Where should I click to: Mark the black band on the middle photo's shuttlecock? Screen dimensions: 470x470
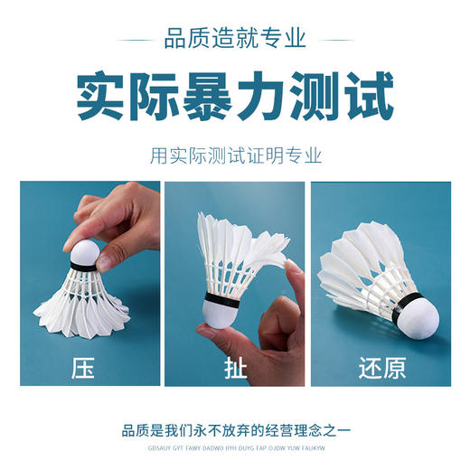[x=221, y=298]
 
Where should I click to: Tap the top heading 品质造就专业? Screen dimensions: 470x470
[x=235, y=39]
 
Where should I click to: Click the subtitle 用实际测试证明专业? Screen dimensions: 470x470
[x=235, y=155]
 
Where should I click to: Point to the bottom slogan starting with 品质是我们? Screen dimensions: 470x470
[x=235, y=429]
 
